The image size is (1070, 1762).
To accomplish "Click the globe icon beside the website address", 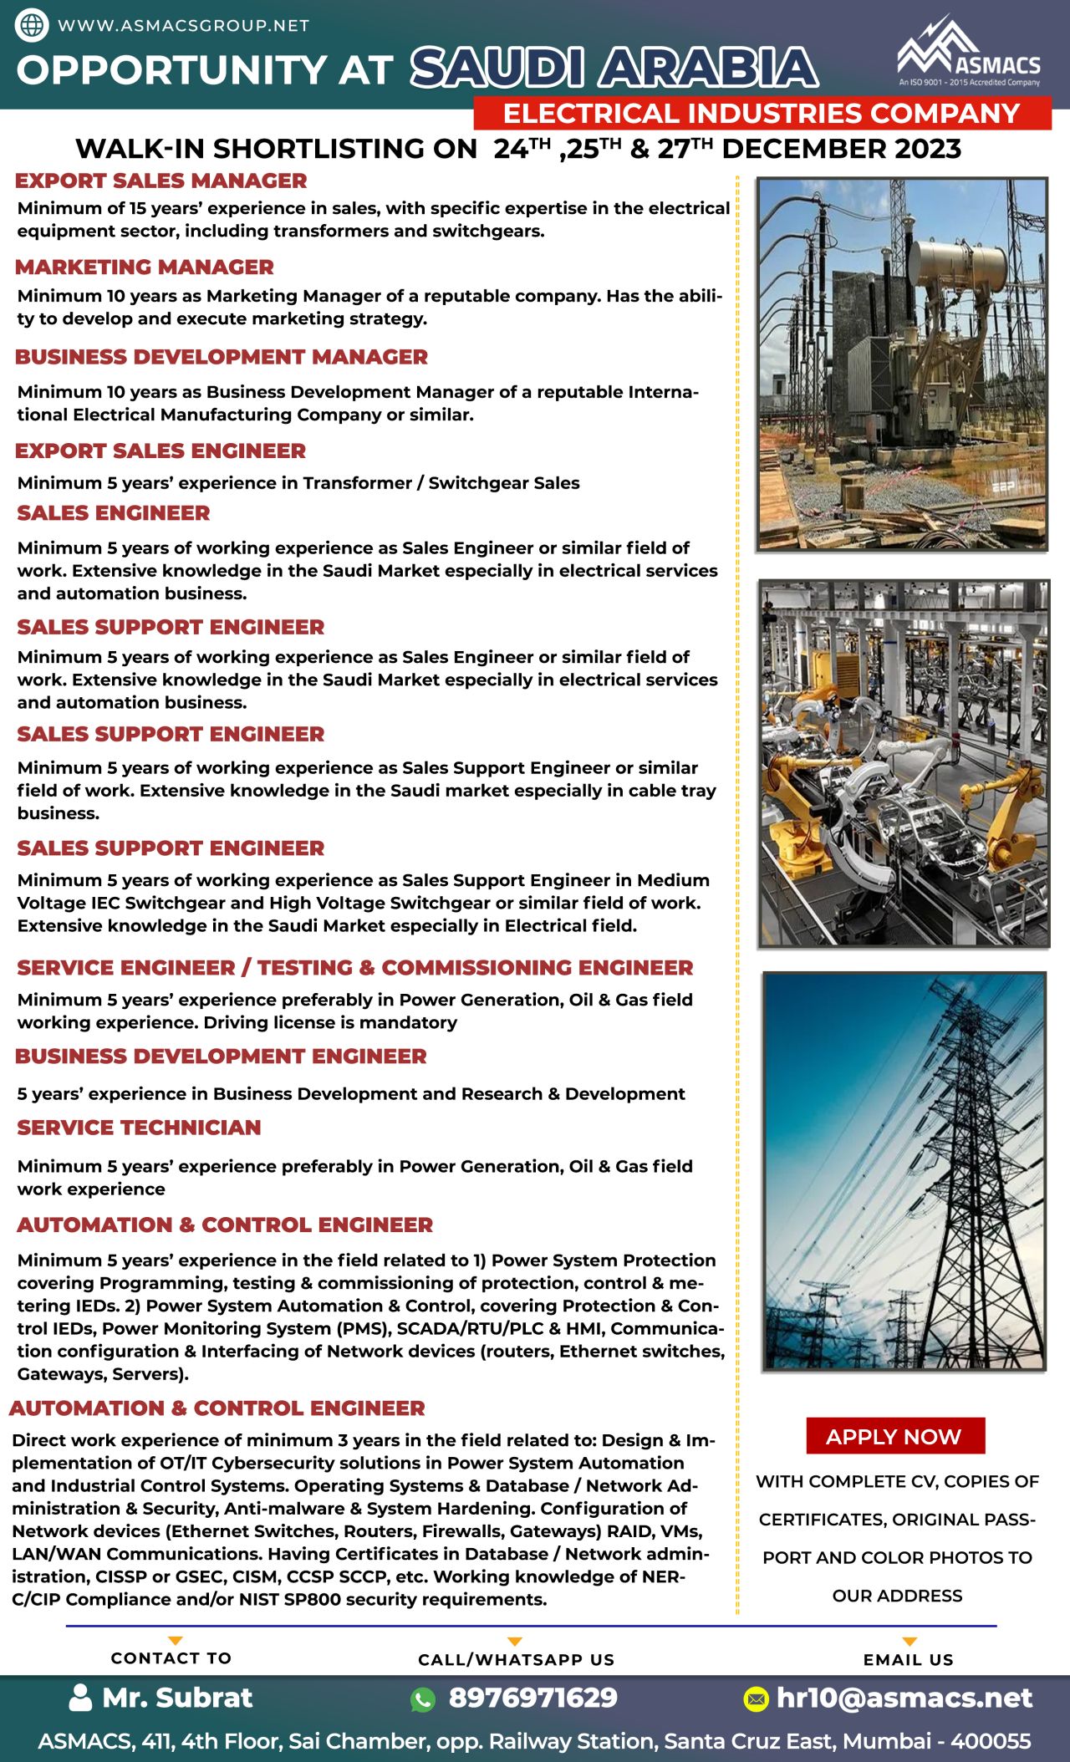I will (x=32, y=25).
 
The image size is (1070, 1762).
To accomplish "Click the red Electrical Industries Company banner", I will (x=762, y=113).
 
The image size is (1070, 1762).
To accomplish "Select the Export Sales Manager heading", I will (x=161, y=181).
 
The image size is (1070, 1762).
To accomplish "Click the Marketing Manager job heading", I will (x=145, y=267).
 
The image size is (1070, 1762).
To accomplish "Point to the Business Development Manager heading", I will (x=222, y=357).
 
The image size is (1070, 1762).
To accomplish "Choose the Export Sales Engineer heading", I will (x=160, y=451).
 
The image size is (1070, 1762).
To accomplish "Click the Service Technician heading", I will (x=139, y=1128).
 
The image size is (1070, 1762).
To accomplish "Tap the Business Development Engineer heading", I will (x=221, y=1057).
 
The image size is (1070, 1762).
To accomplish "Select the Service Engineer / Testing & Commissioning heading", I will (x=355, y=968).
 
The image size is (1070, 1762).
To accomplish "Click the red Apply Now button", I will (x=894, y=1436).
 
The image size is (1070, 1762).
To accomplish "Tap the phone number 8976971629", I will (x=533, y=1698).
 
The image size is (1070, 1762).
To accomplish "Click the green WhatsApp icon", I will (x=423, y=1699).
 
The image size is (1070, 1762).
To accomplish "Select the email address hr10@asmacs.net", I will (x=904, y=1698).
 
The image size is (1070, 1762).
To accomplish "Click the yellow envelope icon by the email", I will (x=756, y=1698).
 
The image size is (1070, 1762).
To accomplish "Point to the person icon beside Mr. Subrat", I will (x=80, y=1698).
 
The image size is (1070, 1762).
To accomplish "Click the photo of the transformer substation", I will (x=902, y=364).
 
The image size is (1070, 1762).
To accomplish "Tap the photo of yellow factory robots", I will (x=904, y=764).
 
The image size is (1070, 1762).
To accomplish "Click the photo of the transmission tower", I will (x=904, y=1172).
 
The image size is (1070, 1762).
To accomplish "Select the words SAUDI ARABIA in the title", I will (x=614, y=68).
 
